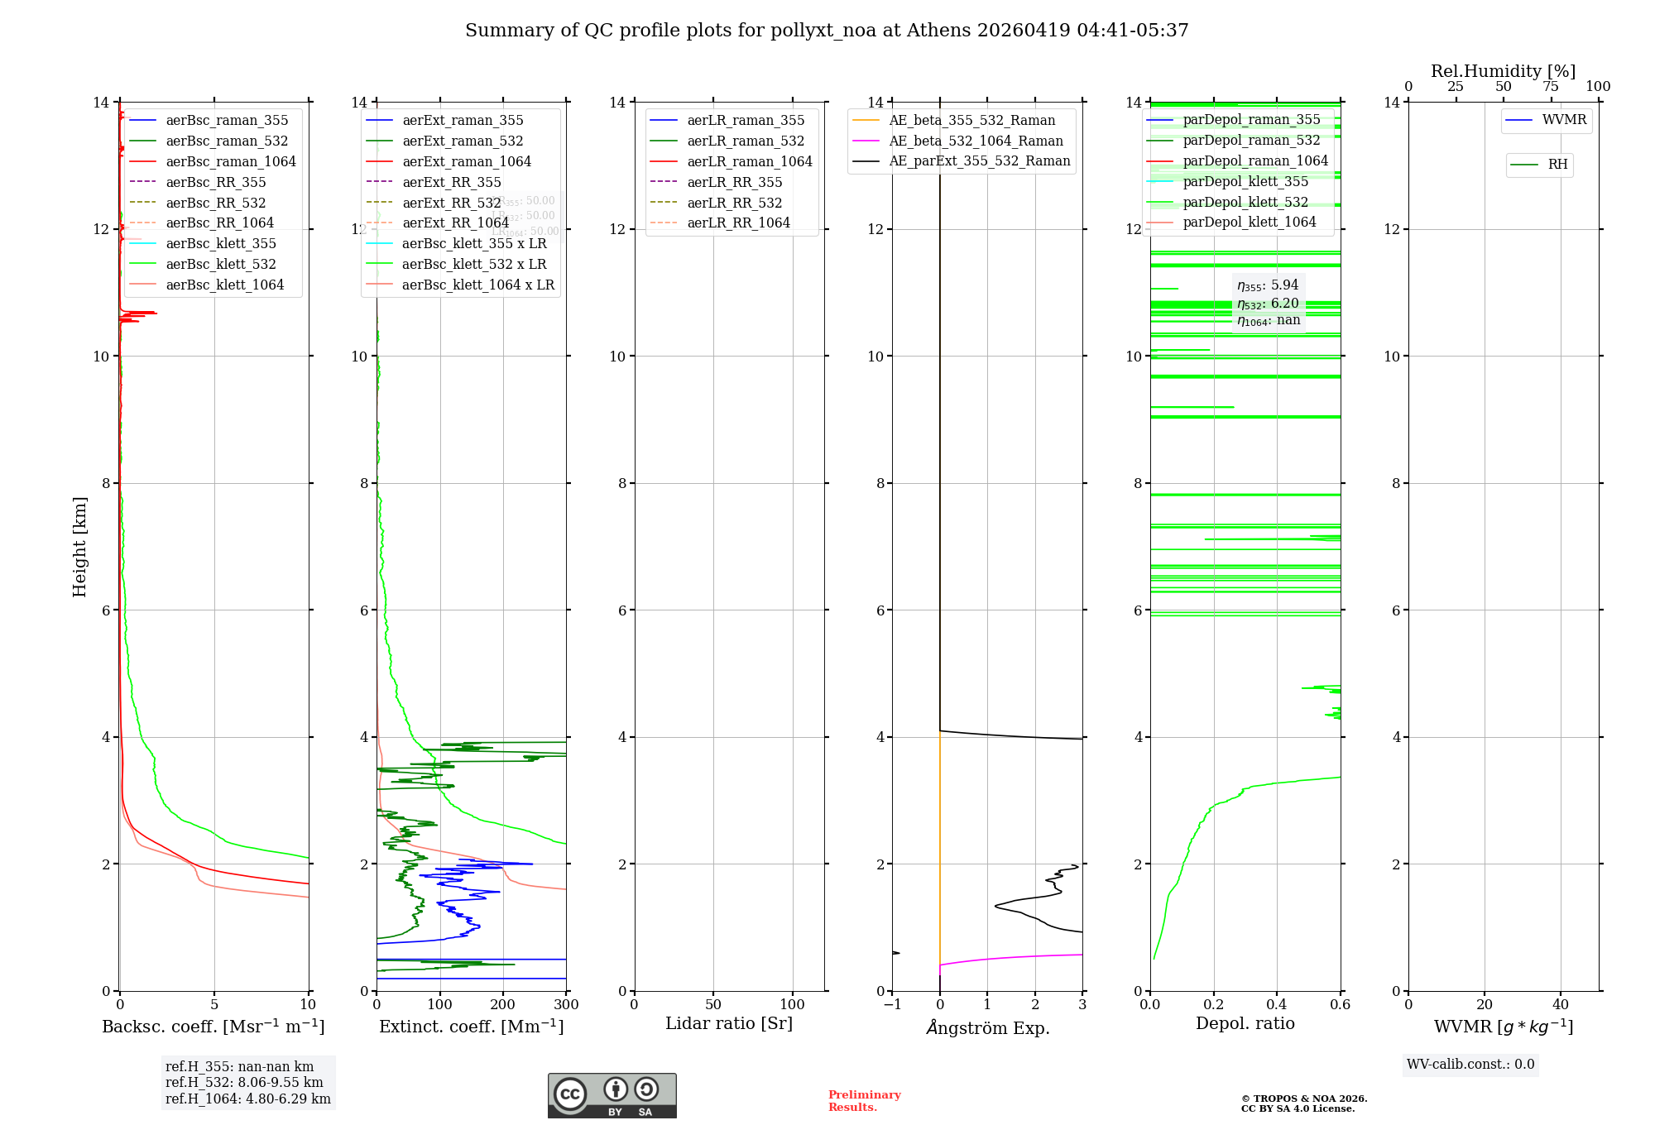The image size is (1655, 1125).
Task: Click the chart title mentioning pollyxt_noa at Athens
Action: [x=826, y=31]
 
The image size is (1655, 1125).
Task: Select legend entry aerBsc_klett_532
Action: [x=220, y=265]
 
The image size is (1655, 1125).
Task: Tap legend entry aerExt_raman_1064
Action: [x=466, y=162]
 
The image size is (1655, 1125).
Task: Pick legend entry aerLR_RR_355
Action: [x=734, y=183]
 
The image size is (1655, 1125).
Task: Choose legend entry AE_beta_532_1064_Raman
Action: [x=975, y=141]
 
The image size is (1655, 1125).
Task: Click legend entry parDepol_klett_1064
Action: [x=1249, y=223]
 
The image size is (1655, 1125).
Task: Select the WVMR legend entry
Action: [x=1563, y=121]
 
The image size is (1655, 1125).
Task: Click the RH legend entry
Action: [x=1557, y=165]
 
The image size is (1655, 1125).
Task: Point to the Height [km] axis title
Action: [x=79, y=546]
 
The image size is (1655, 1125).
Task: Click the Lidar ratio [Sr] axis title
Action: [x=728, y=1024]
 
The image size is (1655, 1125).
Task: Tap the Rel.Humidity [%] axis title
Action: [x=1503, y=71]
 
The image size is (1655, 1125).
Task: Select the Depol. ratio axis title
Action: [x=1245, y=1024]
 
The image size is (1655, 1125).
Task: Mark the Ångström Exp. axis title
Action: [x=987, y=1028]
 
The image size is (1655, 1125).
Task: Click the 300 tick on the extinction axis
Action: [x=566, y=1005]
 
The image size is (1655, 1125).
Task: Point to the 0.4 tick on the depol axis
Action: [x=1277, y=1005]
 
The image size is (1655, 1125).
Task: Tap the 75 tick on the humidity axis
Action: [x=1550, y=87]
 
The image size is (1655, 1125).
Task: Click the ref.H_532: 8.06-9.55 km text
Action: [x=244, y=1083]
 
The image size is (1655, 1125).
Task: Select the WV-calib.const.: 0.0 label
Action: [x=1470, y=1065]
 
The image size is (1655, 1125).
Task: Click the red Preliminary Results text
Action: [x=864, y=1101]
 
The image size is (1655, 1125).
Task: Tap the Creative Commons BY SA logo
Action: [x=612, y=1096]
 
